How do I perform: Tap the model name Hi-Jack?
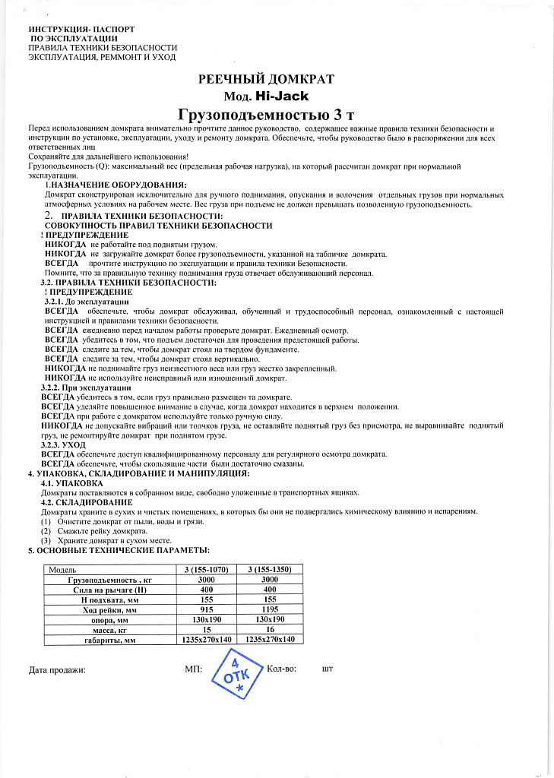[287, 96]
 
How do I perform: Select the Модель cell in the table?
[62, 569]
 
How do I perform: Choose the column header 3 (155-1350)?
[270, 569]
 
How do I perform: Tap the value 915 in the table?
[207, 609]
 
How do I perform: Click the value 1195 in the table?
[270, 609]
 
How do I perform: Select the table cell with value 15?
[207, 630]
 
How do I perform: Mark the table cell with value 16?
[270, 630]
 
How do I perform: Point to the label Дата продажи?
[57, 670]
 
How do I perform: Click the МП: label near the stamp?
[192, 669]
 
